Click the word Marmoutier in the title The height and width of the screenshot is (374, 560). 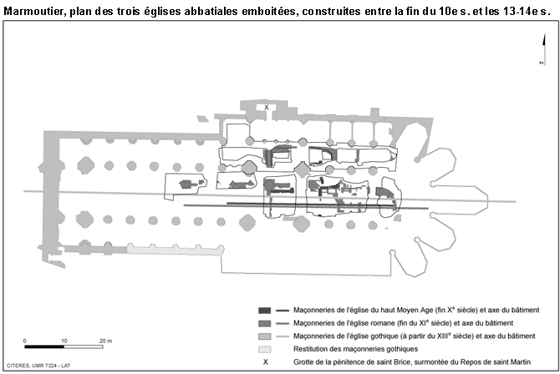coord(34,11)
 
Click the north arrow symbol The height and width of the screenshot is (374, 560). coord(543,49)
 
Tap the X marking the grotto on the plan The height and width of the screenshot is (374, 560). coord(267,108)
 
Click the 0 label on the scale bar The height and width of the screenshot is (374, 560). coord(24,341)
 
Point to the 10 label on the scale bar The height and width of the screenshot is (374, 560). coord(64,341)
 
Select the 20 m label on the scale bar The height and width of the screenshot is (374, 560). coord(105,341)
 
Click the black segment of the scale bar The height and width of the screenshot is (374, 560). coord(44,346)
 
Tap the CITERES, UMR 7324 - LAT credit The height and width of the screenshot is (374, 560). coord(38,366)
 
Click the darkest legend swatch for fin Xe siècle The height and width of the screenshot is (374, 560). coord(265,311)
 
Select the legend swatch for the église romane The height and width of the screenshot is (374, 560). coord(265,323)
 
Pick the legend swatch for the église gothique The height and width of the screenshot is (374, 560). coord(265,336)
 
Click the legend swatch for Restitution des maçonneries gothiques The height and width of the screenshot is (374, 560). coord(265,349)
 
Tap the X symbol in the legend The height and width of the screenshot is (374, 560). coord(265,361)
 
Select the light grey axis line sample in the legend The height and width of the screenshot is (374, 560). coord(283,336)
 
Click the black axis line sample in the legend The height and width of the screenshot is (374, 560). coord(283,311)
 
